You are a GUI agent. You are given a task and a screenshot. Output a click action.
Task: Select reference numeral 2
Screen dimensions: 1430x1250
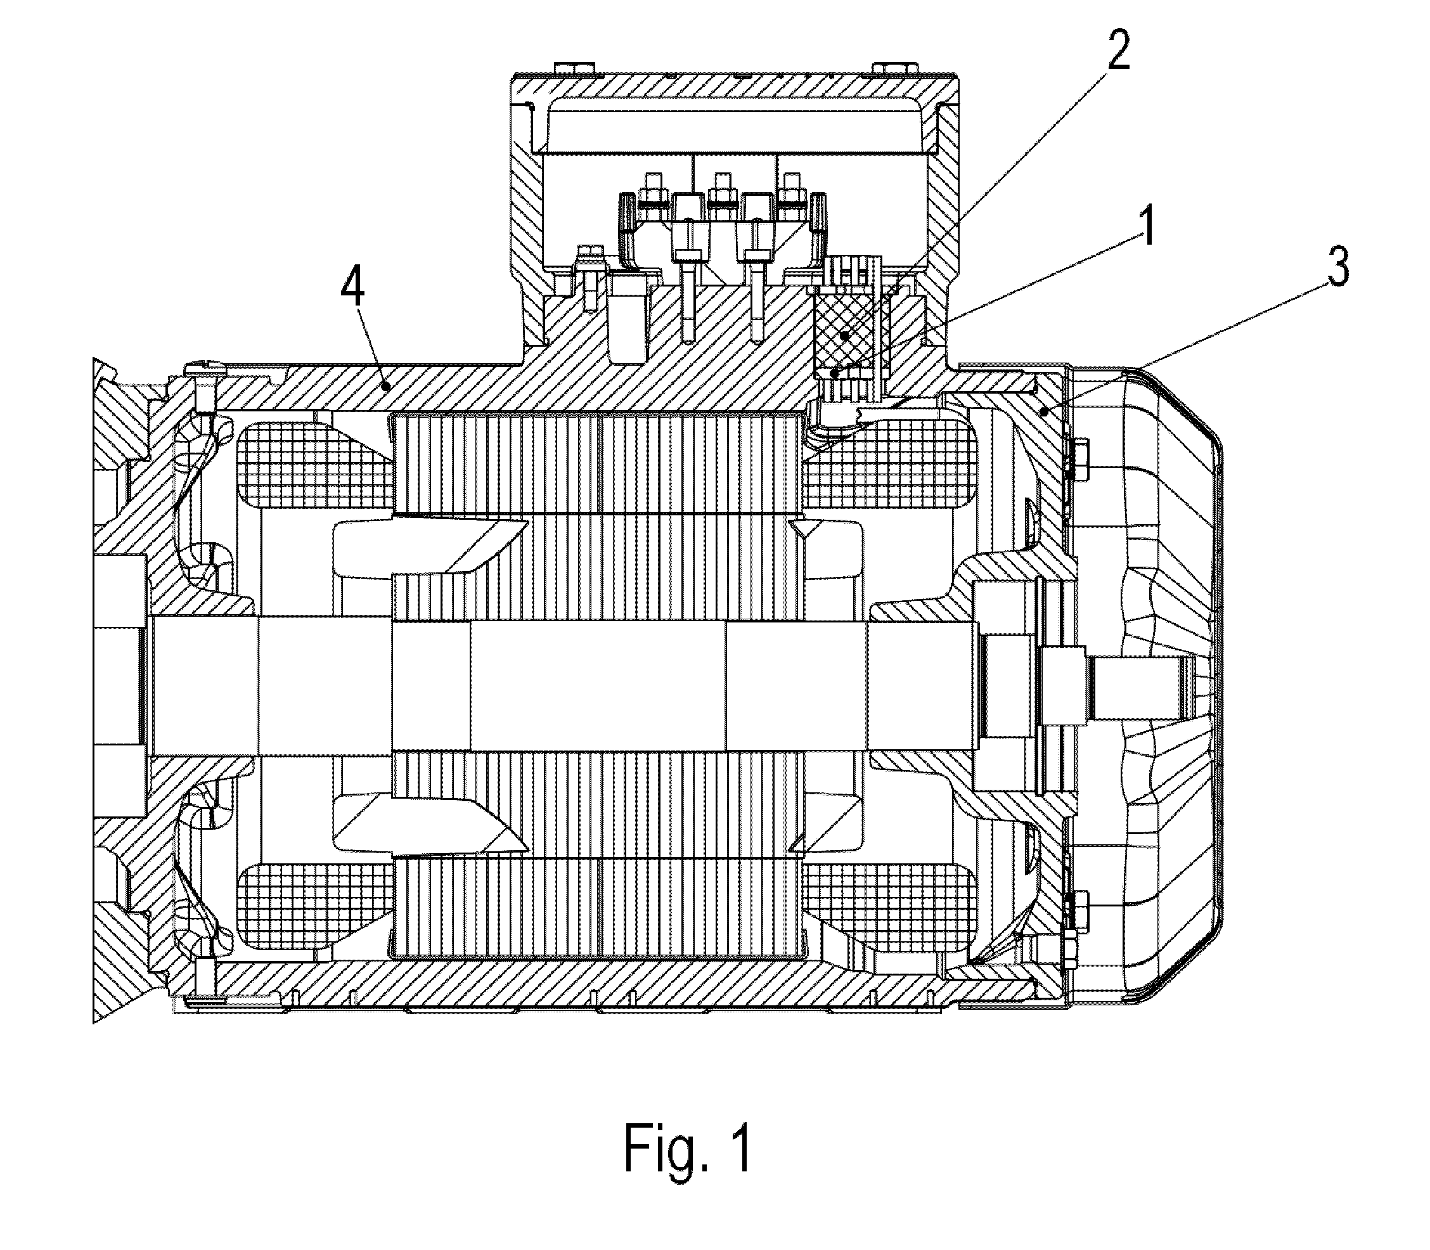click(x=1118, y=46)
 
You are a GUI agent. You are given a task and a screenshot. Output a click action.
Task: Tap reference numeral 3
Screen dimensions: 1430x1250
click(x=1337, y=265)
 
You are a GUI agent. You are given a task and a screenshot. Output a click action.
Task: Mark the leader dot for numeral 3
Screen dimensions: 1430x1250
click(x=1044, y=412)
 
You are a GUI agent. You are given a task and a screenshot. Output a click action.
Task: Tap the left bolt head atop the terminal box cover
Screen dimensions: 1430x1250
click(x=574, y=68)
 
